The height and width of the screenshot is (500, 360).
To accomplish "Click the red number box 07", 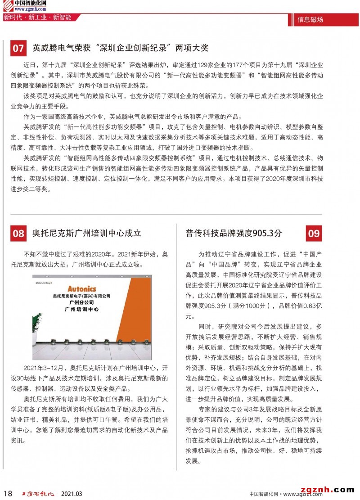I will (18, 48).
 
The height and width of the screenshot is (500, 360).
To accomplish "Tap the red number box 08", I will (18, 233).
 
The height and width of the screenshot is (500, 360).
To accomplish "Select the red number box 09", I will (314, 233).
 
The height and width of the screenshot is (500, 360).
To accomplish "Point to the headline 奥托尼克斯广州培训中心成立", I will (87, 233).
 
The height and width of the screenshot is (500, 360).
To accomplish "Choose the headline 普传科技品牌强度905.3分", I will (234, 233).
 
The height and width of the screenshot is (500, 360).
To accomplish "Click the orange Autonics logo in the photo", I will (81, 288).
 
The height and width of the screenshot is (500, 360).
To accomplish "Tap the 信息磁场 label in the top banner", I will (310, 19).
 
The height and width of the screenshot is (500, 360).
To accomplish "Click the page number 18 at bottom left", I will (7, 493).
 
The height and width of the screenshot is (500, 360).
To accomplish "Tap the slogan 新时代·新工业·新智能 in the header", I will (37, 18).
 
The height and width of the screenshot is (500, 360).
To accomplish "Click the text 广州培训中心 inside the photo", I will (81, 309).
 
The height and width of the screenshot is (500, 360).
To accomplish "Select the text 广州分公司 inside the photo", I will (81, 302).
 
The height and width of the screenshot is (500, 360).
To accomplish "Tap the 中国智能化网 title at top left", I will (30, 3).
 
